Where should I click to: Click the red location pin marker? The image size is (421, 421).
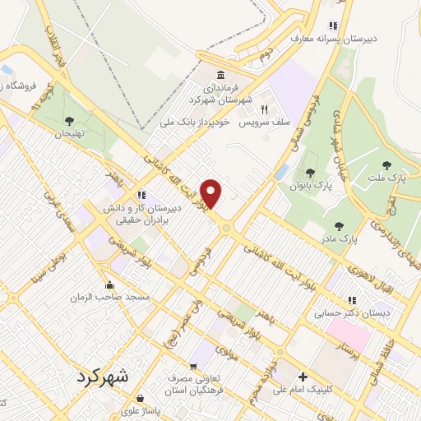pos(211,192)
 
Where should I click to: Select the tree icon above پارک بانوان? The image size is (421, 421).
pos(309,172)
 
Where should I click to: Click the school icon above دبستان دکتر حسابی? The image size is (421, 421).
pos(353,300)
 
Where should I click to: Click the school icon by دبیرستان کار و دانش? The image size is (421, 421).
pos(142,196)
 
